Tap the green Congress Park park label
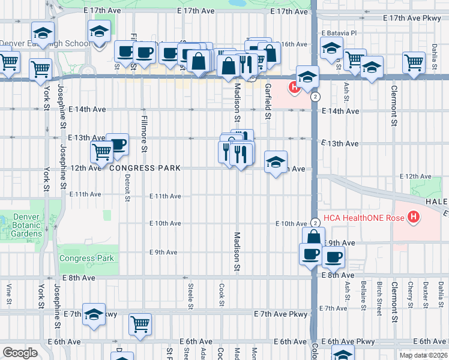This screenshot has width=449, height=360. pyautogui.click(x=86, y=259)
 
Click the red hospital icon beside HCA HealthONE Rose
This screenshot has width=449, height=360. pyautogui.click(x=413, y=218)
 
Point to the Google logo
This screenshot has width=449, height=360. pyautogui.click(x=20, y=352)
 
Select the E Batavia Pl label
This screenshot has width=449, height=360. pyautogui.click(x=339, y=32)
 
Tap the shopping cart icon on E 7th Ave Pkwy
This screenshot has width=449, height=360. pyautogui.click(x=140, y=325)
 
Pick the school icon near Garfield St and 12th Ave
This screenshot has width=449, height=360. pyautogui.click(x=276, y=162)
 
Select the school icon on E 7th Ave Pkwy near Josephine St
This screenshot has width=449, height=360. pyautogui.click(x=94, y=315)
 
